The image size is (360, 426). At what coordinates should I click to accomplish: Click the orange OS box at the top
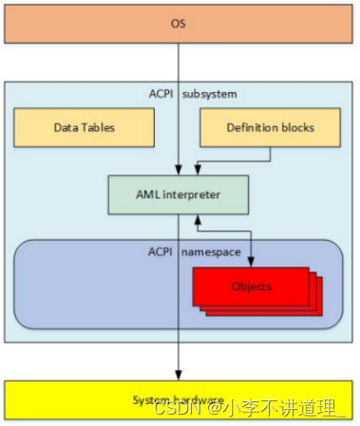[x=179, y=22]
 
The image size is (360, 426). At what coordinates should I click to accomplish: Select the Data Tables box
[x=84, y=127]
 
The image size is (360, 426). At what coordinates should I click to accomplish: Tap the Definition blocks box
[x=270, y=127]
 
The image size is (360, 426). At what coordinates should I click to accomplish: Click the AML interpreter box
[x=179, y=194]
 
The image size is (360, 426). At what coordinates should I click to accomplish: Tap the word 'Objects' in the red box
[x=251, y=287]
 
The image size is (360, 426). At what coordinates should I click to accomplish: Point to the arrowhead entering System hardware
[x=179, y=376]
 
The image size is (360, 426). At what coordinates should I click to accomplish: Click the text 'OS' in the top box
[x=179, y=22]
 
